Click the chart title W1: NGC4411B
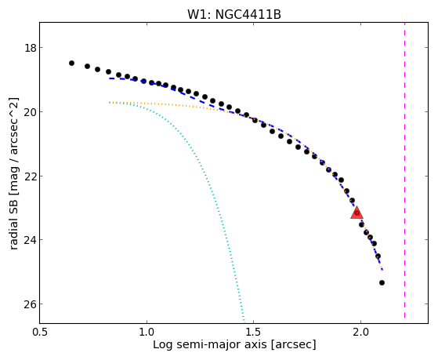pyautogui.click(x=234, y=15)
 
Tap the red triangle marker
pyautogui.click(x=357, y=213)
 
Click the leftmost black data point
pyautogui.click(x=71, y=64)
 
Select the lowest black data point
pyautogui.click(x=382, y=283)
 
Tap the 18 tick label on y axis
pyautogui.click(x=31, y=48)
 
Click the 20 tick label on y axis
pyautogui.click(x=31, y=112)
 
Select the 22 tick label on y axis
pyautogui.click(x=31, y=176)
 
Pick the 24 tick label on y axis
pyautogui.click(x=31, y=240)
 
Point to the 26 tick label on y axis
pyautogui.click(x=31, y=304)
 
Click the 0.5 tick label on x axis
pyautogui.click(x=40, y=332)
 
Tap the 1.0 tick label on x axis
pyautogui.click(x=147, y=332)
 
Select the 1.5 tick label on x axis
pyautogui.click(x=253, y=332)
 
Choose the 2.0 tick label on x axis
pyautogui.click(x=360, y=332)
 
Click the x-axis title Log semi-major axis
pyautogui.click(x=210, y=344)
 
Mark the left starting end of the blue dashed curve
pyautogui.click(x=110, y=78)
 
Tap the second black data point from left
pyautogui.click(x=87, y=67)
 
